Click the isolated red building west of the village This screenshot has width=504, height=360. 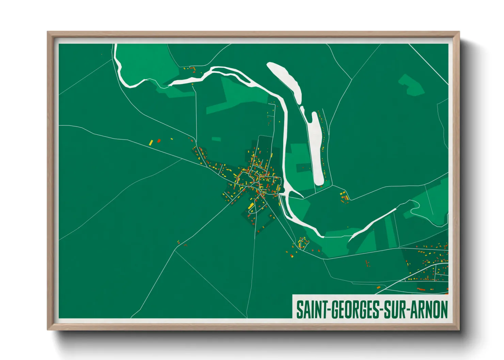point(159,141)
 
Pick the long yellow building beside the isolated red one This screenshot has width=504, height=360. point(151,143)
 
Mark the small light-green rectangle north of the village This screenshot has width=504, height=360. point(216,139)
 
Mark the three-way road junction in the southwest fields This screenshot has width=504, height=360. point(175,251)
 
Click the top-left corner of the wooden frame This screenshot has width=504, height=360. point(48,33)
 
